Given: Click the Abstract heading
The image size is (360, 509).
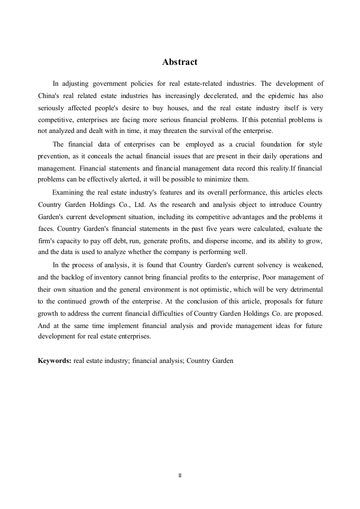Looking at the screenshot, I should click(x=180, y=62).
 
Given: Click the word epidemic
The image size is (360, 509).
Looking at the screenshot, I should click(x=286, y=96).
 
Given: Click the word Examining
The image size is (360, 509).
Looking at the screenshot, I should click(x=69, y=192).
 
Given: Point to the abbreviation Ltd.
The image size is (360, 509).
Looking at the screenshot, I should click(x=138, y=204).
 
